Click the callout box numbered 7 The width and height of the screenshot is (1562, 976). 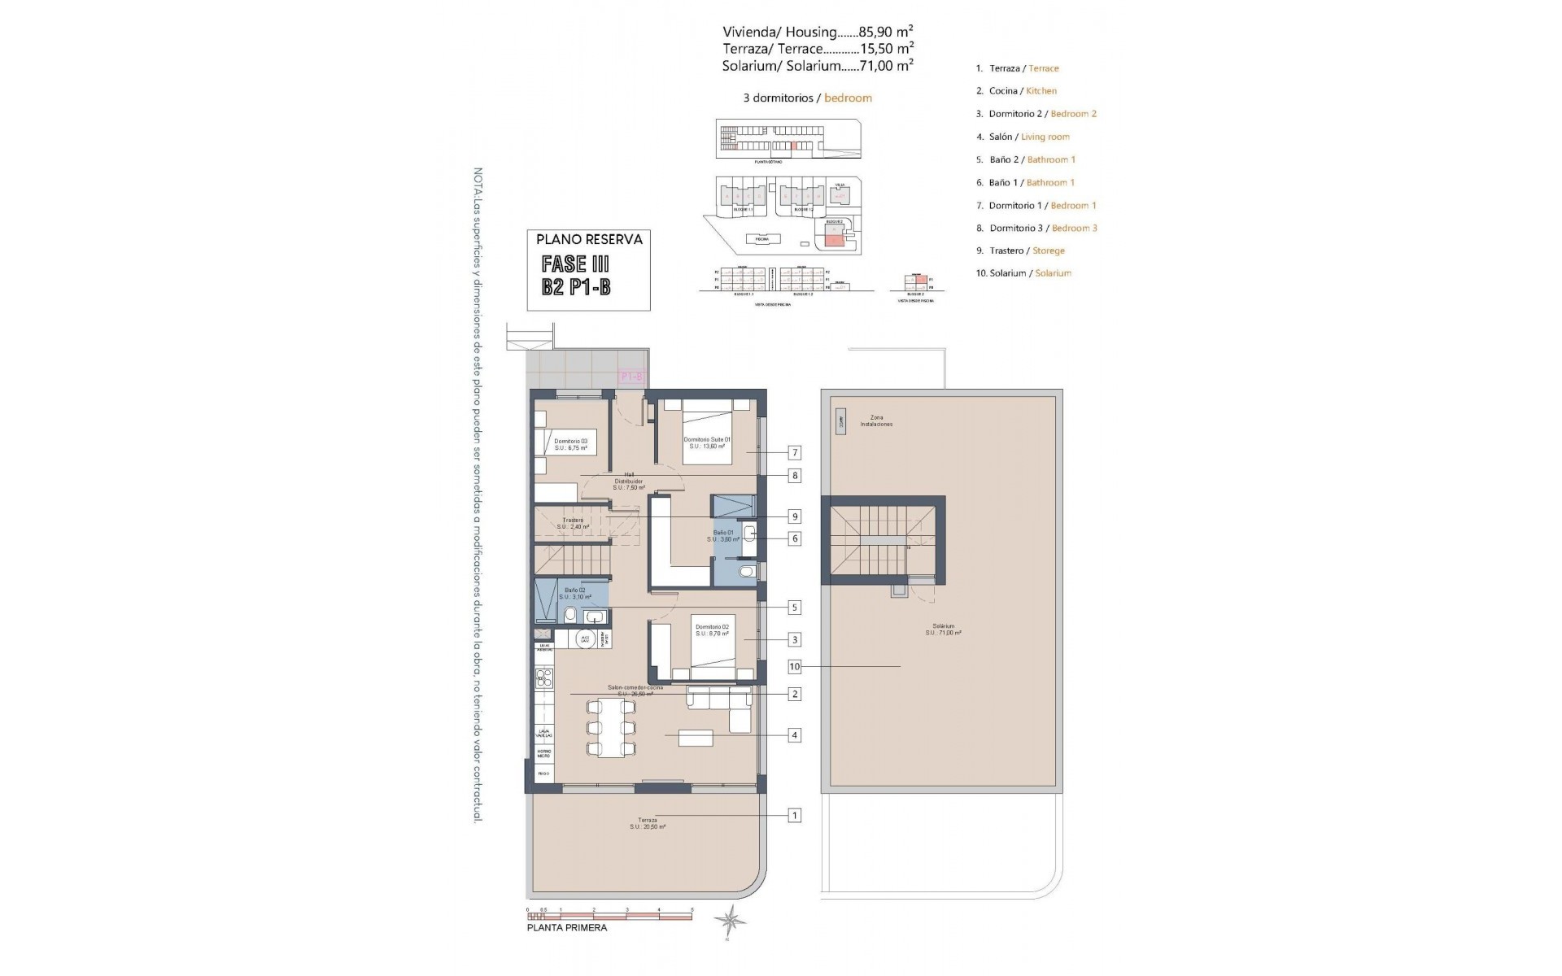795,452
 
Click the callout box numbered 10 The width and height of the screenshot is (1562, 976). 795,667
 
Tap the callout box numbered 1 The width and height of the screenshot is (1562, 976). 795,815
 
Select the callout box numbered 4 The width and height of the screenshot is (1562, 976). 795,735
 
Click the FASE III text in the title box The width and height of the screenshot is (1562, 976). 575,264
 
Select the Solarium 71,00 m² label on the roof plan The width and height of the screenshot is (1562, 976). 943,629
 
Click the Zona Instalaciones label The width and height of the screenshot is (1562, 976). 876,420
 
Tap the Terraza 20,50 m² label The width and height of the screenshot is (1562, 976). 647,823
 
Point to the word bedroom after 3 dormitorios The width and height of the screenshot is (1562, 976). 848,98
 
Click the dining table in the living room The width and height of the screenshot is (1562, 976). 610,728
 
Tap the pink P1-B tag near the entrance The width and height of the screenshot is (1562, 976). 631,377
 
